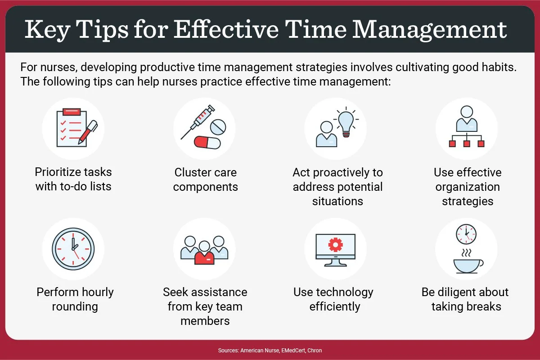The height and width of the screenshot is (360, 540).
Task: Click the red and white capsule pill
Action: pyautogui.click(x=207, y=142)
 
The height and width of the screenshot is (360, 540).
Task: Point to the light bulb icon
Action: pyautogui.click(x=346, y=120)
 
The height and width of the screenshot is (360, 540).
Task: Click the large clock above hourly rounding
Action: pyautogui.click(x=73, y=249)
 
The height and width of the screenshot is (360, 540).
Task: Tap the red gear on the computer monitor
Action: pyautogui.click(x=335, y=244)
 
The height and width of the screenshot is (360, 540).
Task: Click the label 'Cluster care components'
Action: pyautogui.click(x=205, y=180)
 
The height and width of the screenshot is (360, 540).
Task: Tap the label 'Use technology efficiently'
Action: pyautogui.click(x=333, y=299)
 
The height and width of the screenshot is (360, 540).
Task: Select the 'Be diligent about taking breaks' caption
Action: pyautogui.click(x=465, y=299)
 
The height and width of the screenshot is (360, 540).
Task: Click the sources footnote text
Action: pyautogui.click(x=270, y=350)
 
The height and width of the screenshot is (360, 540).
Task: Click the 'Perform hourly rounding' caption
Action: pyautogui.click(x=75, y=299)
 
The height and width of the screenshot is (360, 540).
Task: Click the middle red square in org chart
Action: pyautogui.click(x=467, y=144)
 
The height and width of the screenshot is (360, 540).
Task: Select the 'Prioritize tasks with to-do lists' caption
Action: pyautogui.click(x=73, y=179)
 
